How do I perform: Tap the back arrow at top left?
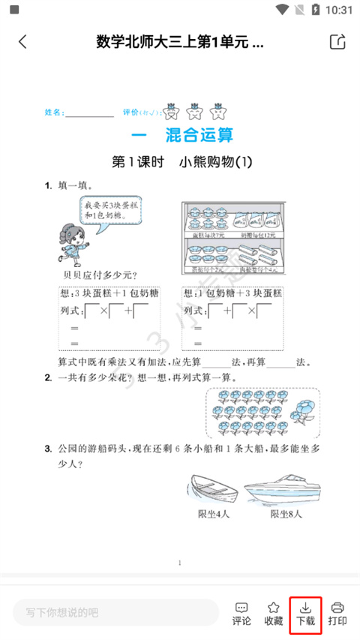[22, 42]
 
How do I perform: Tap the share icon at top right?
[337, 42]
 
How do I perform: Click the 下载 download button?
[305, 613]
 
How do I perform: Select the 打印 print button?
[337, 613]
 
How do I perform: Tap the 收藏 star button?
[274, 613]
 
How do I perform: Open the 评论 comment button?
[241, 613]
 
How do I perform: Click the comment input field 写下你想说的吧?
[116, 612]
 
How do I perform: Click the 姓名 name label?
[54, 113]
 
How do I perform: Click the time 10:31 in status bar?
[340, 10]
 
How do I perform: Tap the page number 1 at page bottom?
[180, 562]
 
